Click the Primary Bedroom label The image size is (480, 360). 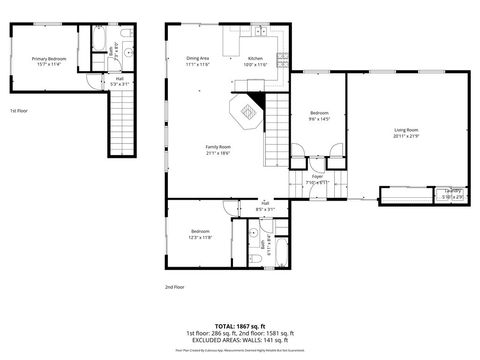point(46,59)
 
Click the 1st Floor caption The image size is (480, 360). point(19,111)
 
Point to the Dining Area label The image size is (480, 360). point(197,59)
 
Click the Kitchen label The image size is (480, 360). point(255,59)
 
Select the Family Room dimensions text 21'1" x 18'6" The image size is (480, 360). point(218,153)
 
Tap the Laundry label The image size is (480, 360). point(453,191)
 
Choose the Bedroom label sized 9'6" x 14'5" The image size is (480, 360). point(319,113)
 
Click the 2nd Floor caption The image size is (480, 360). point(175,286)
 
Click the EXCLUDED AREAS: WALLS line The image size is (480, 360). point(238,339)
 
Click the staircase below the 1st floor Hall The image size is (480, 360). point(119,125)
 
